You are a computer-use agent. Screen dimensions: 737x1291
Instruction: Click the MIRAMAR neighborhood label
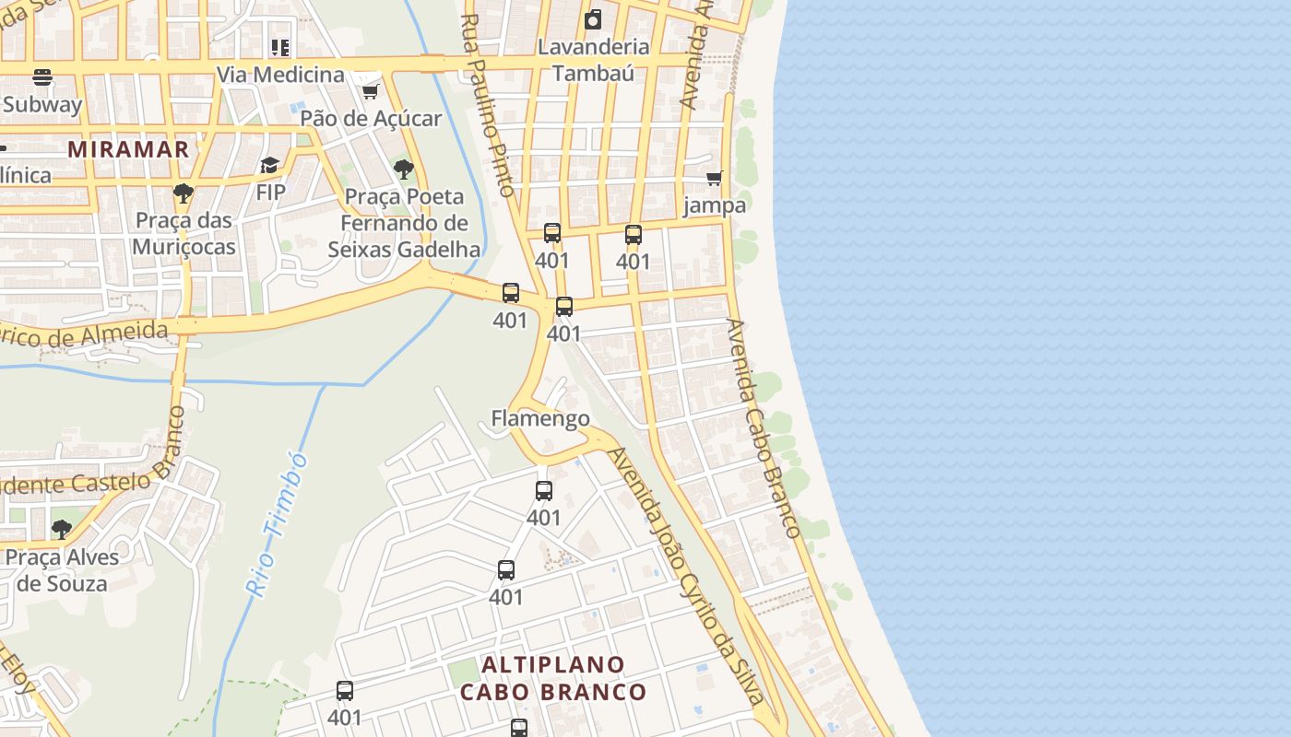pyautogui.click(x=128, y=148)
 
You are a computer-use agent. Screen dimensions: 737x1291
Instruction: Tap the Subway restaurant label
pyautogui.click(x=42, y=104)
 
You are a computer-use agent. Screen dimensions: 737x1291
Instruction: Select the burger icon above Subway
pyautogui.click(x=42, y=76)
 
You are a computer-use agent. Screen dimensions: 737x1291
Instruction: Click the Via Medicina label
pyautogui.click(x=280, y=75)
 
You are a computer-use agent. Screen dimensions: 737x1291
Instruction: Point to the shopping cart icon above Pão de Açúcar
pyautogui.click(x=371, y=90)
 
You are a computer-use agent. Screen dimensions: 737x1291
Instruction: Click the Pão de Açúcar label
pyautogui.click(x=371, y=118)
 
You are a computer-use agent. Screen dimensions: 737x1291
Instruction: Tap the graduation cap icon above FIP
pyautogui.click(x=269, y=165)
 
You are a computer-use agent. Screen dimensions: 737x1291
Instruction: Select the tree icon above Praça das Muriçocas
pyautogui.click(x=183, y=193)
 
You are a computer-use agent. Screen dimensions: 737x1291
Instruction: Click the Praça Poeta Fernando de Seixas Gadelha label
pyautogui.click(x=404, y=223)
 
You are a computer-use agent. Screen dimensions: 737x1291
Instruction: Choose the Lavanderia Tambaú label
pyautogui.click(x=594, y=60)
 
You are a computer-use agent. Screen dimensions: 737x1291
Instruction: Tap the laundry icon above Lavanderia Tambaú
pyautogui.click(x=593, y=18)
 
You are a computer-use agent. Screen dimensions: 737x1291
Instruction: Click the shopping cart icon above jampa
pyautogui.click(x=715, y=178)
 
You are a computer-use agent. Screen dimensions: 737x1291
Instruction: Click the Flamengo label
pyautogui.click(x=540, y=418)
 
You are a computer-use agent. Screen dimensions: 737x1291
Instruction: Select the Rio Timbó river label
pyautogui.click(x=277, y=523)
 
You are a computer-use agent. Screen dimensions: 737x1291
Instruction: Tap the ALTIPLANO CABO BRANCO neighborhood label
pyautogui.click(x=553, y=678)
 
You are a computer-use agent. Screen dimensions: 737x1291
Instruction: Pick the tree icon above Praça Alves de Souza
pyautogui.click(x=62, y=529)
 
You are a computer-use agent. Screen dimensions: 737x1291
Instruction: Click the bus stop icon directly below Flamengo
pyautogui.click(x=544, y=491)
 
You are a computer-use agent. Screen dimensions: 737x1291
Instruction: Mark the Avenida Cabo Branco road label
pyautogui.click(x=763, y=427)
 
